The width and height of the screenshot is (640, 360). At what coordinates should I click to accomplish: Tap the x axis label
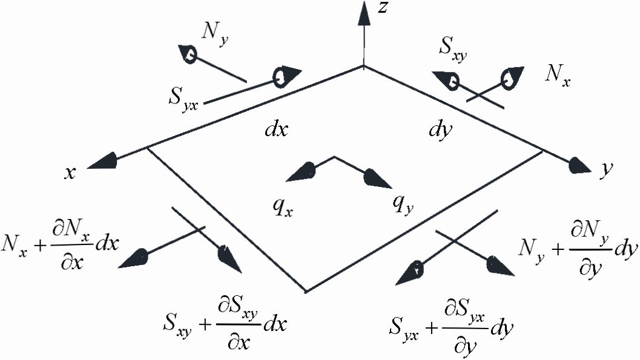pyautogui.click(x=71, y=172)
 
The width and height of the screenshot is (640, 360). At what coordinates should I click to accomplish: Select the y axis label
pyautogui.click(x=604, y=171)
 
